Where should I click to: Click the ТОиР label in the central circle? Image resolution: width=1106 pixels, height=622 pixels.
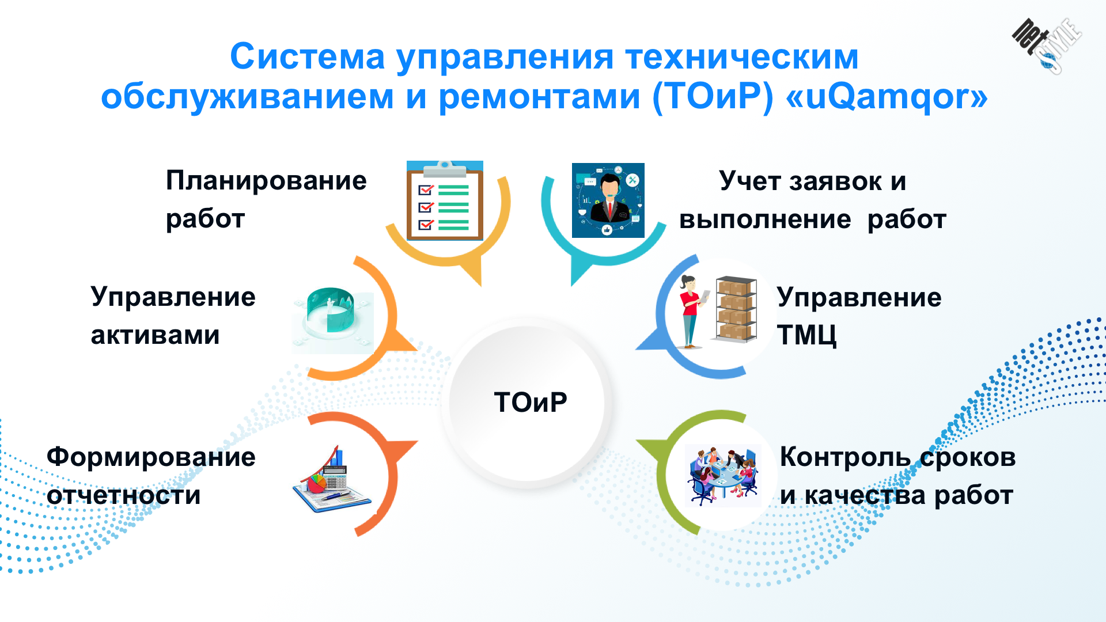point(531,402)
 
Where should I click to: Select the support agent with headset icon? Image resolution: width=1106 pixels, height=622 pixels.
point(608,200)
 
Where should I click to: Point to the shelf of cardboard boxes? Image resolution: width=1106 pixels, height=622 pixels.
point(736,309)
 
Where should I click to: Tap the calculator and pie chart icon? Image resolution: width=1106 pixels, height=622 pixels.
point(332,480)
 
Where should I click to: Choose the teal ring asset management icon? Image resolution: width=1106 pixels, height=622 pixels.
point(333,320)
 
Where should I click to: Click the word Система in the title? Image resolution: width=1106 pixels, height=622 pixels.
point(308,57)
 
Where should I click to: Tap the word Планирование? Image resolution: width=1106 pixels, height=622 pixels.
point(266,181)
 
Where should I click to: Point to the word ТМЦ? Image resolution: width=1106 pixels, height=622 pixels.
point(806,335)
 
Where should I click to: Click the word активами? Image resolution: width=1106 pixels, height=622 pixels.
point(155,335)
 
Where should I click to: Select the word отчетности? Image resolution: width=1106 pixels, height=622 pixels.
point(124,496)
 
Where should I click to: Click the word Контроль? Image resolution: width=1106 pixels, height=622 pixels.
point(845,458)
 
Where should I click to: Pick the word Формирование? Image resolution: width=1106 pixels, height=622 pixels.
point(151,458)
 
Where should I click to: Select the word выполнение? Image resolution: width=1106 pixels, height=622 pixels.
point(765,220)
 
